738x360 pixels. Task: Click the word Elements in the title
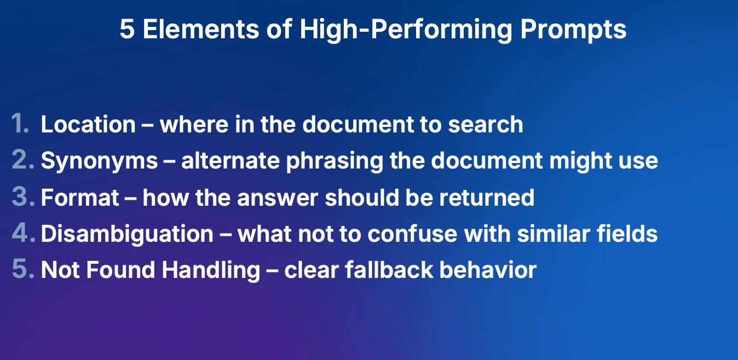click(x=200, y=29)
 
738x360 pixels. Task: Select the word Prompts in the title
click(x=573, y=30)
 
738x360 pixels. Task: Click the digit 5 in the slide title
click(x=127, y=29)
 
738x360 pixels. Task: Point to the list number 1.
click(x=20, y=124)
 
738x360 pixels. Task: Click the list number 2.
click(x=23, y=160)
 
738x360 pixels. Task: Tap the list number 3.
click(x=23, y=196)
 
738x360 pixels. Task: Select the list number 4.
click(x=24, y=233)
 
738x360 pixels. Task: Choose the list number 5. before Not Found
click(x=23, y=269)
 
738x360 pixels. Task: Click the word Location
click(x=88, y=124)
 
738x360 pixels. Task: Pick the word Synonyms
click(x=100, y=161)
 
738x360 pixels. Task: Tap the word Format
click(x=80, y=198)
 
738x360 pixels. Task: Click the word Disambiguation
click(x=127, y=234)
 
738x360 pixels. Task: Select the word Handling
click(x=211, y=270)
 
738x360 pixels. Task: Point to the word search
click(x=486, y=124)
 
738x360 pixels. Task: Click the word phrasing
click(x=335, y=161)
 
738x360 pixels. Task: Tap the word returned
click(x=487, y=198)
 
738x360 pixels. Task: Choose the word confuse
click(x=412, y=234)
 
